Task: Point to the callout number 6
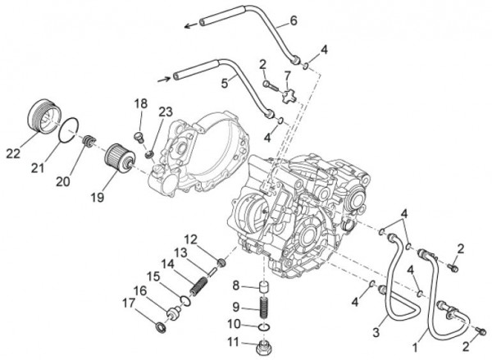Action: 271,20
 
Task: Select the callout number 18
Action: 140,103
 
